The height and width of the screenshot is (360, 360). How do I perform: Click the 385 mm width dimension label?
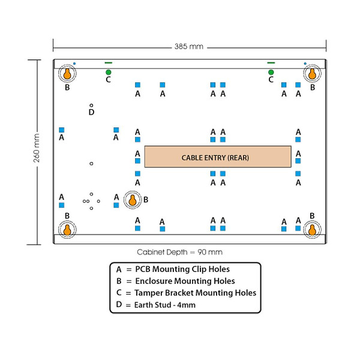pyautogui.click(x=189, y=47)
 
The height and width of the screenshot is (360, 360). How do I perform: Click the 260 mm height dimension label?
pyautogui.click(x=37, y=148)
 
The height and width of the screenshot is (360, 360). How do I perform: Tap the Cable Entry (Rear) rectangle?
pyautogui.click(x=218, y=157)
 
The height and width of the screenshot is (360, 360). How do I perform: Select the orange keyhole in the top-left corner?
pyautogui.click(x=67, y=74)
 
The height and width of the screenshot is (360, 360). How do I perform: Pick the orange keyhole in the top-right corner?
pyautogui.click(x=312, y=74)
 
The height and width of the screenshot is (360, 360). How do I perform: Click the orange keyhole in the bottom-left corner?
pyautogui.click(x=67, y=230)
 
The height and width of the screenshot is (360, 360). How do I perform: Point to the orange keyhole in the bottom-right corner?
pyautogui.click(x=312, y=230)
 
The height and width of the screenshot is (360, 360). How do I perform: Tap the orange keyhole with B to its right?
pyautogui.click(x=133, y=200)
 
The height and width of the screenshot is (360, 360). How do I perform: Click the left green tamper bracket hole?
pyautogui.click(x=109, y=73)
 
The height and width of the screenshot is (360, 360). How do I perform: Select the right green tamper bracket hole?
pyautogui.click(x=271, y=73)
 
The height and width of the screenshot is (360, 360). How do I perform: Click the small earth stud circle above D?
pyautogui.click(x=91, y=106)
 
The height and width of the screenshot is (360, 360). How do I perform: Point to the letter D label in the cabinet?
pyautogui.click(x=91, y=112)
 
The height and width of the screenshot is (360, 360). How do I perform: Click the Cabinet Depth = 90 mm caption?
pyautogui.click(x=179, y=252)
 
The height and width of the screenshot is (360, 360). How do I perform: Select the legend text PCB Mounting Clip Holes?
pyautogui.click(x=182, y=269)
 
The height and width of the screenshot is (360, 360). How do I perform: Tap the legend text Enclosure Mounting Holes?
pyautogui.click(x=185, y=281)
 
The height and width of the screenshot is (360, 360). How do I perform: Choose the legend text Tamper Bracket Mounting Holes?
pyautogui.click(x=195, y=293)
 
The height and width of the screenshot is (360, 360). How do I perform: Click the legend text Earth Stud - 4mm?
pyautogui.click(x=165, y=305)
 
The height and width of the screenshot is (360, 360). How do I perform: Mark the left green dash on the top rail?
pyautogui.click(x=109, y=62)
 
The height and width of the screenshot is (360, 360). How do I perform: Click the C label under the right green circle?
pyautogui.click(x=271, y=80)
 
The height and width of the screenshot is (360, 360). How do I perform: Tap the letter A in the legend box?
pyautogui.click(x=119, y=269)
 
